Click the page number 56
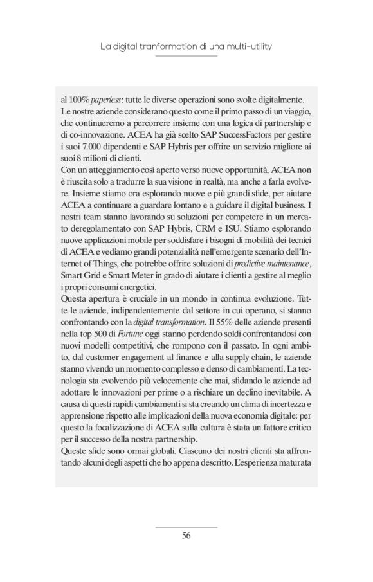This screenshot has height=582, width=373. [x=186, y=535]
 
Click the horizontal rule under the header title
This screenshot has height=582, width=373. [x=186, y=57]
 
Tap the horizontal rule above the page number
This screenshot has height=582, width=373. [x=186, y=527]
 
